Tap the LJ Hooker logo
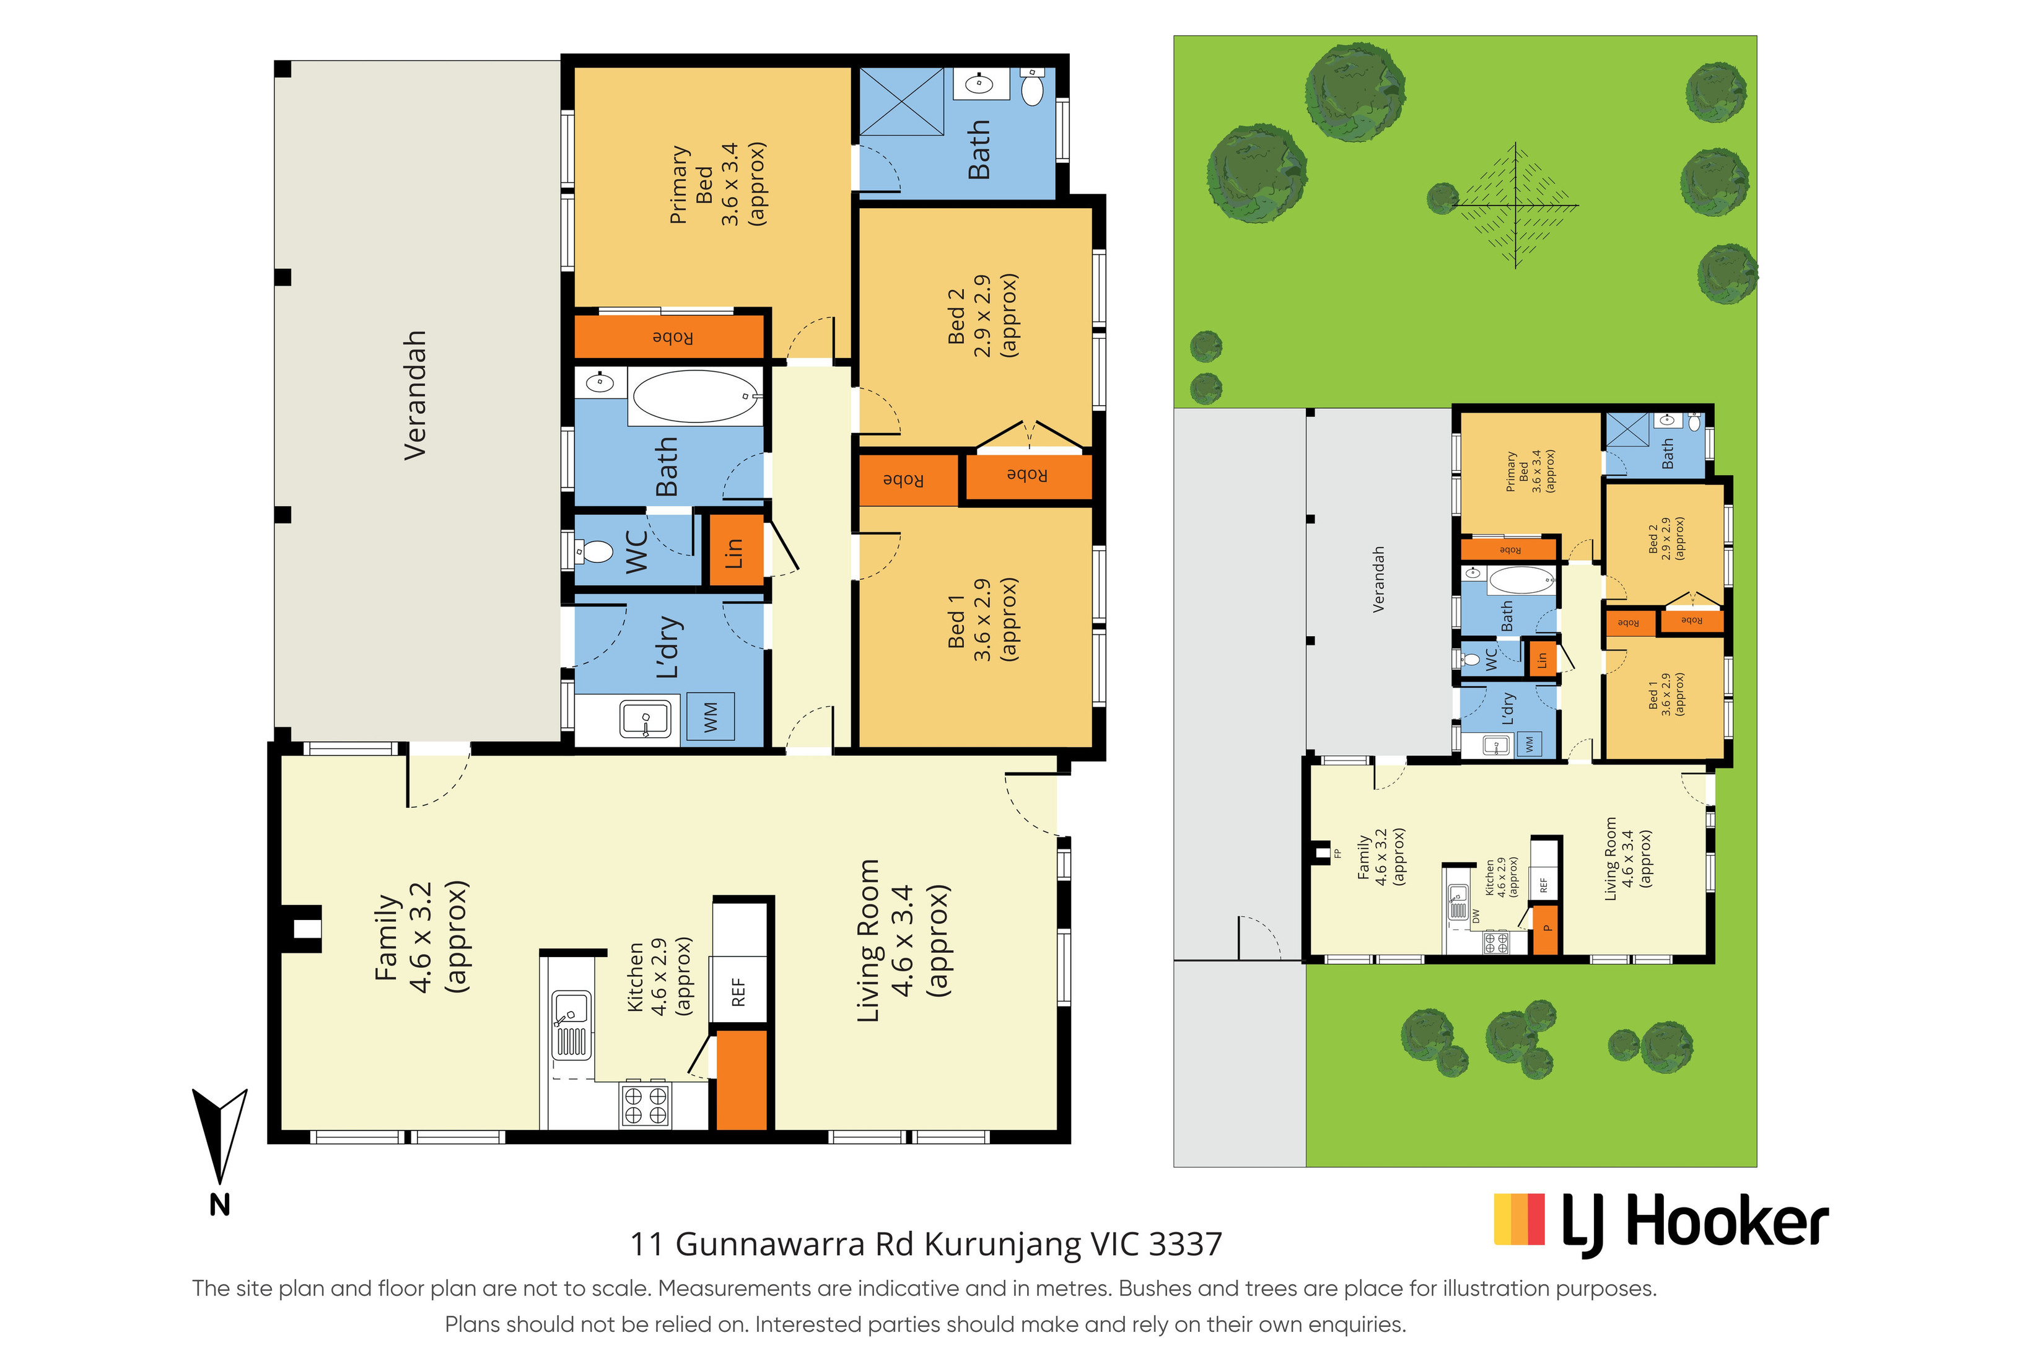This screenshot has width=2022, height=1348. pyautogui.click(x=1660, y=1222)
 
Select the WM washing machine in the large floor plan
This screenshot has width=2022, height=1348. pyautogui.click(x=710, y=716)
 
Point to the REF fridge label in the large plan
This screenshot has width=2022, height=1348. pyautogui.click(x=738, y=991)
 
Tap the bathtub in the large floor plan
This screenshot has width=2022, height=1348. pyautogui.click(x=697, y=397)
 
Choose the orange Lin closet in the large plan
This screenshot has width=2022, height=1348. pyautogui.click(x=733, y=550)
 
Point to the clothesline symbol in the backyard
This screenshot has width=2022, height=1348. pyautogui.click(x=1515, y=206)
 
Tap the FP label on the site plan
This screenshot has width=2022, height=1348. pyautogui.click(x=1337, y=854)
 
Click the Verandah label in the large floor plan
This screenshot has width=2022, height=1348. pyautogui.click(x=415, y=395)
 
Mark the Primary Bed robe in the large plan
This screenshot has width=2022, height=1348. pyautogui.click(x=669, y=337)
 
